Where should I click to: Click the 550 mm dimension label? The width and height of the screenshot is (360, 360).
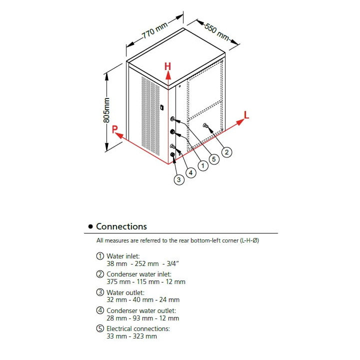pyautogui.click(x=216, y=32)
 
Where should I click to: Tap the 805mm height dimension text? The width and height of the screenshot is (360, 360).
pyautogui.click(x=106, y=111)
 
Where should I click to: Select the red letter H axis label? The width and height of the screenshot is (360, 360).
pyautogui.click(x=168, y=66)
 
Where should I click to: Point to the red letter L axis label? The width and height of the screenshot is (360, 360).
pyautogui.click(x=246, y=114)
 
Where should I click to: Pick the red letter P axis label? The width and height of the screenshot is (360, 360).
pyautogui.click(x=115, y=129)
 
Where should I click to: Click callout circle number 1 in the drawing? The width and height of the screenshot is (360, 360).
pyautogui.click(x=203, y=165)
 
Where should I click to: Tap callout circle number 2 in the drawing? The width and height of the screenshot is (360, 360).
pyautogui.click(x=226, y=152)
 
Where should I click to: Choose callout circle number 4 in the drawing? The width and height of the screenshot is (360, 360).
pyautogui.click(x=190, y=172)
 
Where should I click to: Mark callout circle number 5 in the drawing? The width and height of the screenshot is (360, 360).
pyautogui.click(x=213, y=159)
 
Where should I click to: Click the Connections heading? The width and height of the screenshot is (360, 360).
pyautogui.click(x=121, y=226)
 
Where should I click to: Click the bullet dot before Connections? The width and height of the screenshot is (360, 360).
pyautogui.click(x=90, y=227)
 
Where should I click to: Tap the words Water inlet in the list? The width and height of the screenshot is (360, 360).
pyautogui.click(x=123, y=256)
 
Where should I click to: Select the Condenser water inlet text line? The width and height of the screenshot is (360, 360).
pyautogui.click(x=138, y=274)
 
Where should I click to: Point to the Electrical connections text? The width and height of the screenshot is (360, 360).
pyautogui.click(x=138, y=328)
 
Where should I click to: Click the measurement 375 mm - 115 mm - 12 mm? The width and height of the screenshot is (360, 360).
pyautogui.click(x=146, y=281)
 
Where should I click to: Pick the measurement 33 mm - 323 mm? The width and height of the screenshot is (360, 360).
pyautogui.click(x=131, y=336)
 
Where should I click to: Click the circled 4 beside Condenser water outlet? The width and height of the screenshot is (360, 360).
pyautogui.click(x=100, y=310)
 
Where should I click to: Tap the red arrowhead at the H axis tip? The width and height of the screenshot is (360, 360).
pyautogui.click(x=168, y=75)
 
